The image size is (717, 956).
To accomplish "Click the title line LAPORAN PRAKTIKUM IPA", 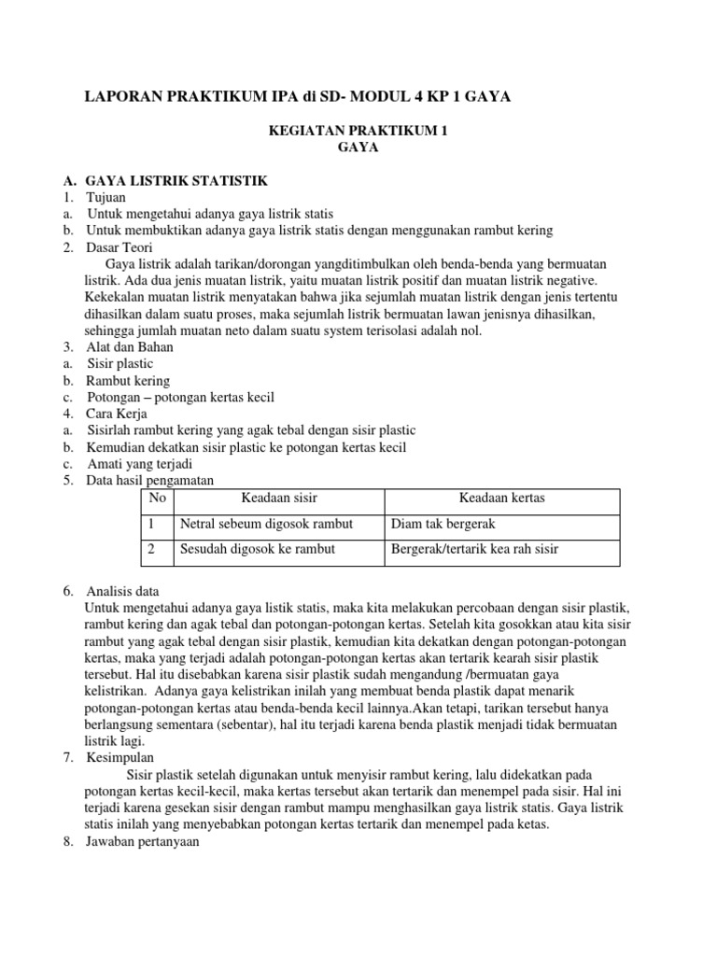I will pos(298,96).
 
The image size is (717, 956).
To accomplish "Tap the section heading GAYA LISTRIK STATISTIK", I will pos(176,180).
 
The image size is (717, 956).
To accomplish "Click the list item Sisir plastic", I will pos(119,363).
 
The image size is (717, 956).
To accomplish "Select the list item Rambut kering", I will pos(128,381).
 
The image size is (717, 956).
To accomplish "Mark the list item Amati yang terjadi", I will pos(135,464).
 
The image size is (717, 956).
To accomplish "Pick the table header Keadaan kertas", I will pos(502,499).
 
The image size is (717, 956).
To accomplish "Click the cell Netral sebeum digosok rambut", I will pos(266,524).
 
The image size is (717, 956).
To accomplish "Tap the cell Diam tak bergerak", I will pos(443,524).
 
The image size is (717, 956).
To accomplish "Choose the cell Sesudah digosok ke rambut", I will pos(257,549).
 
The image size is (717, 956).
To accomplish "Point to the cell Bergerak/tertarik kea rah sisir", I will pos(474,549).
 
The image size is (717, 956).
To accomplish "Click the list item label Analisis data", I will pos(122,591).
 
